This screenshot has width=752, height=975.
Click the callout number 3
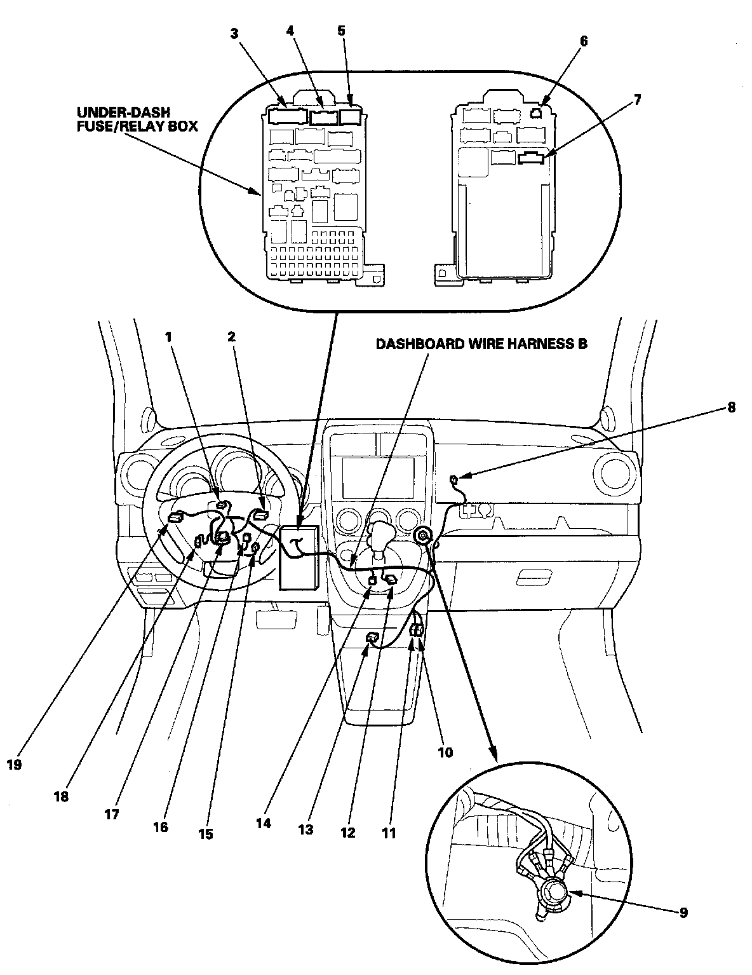[234, 34]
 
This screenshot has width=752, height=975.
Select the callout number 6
[584, 41]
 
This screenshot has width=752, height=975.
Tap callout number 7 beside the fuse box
[637, 99]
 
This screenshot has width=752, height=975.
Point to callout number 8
[731, 407]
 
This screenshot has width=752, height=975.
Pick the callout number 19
[14, 765]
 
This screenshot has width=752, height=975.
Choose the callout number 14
[264, 822]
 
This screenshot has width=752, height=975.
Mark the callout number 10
[445, 752]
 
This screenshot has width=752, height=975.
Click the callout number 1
[169, 337]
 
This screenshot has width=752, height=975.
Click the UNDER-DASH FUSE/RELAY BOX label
[133, 118]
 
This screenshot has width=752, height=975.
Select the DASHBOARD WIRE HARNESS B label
[481, 344]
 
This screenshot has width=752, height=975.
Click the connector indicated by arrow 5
[351, 117]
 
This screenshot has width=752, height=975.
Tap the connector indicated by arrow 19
[175, 517]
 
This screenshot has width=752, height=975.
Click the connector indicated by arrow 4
[324, 117]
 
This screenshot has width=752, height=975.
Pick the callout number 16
[160, 826]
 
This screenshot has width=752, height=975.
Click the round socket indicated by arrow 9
[555, 892]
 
